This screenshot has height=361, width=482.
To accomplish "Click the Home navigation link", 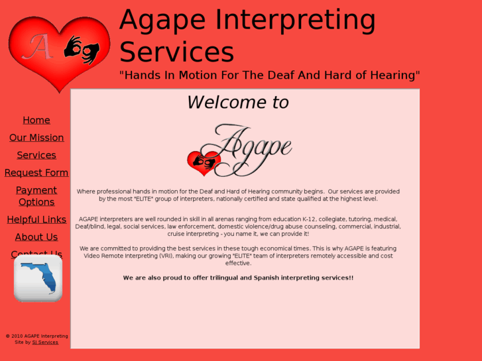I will tap(36, 120).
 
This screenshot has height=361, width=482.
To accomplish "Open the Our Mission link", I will tap(36, 138).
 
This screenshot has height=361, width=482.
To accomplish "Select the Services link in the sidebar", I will tap(36, 155).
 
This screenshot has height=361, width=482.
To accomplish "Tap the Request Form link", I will tap(36, 173).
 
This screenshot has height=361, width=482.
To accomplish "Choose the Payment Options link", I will tap(36, 196).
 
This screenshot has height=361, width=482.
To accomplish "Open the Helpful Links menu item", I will tap(36, 219).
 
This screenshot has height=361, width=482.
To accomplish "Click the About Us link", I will tap(36, 237).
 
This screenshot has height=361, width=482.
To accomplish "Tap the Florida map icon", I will tap(38, 278).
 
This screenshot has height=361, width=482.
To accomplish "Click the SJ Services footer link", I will tap(45, 342).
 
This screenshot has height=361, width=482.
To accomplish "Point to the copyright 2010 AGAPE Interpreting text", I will tap(37, 336).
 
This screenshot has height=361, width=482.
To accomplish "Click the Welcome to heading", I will tap(238, 103).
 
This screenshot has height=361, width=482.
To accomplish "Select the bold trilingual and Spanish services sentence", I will tap(238, 278).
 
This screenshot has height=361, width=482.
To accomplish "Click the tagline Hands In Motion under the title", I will tap(269, 76).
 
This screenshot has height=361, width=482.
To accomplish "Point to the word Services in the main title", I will tap(176, 52).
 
